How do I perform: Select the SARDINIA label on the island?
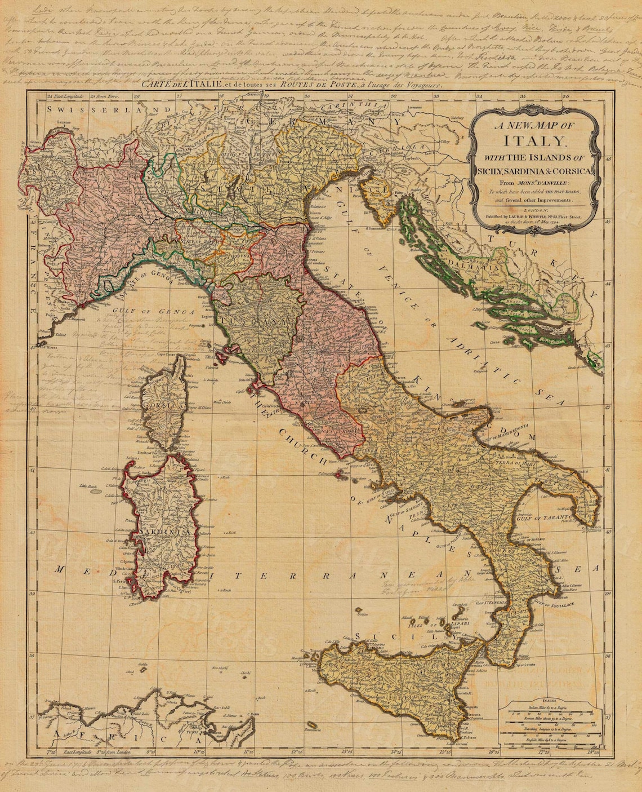pyautogui.click(x=160, y=532)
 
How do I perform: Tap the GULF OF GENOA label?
pyautogui.click(x=153, y=311)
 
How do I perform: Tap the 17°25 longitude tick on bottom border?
pyautogui.click(x=542, y=751)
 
